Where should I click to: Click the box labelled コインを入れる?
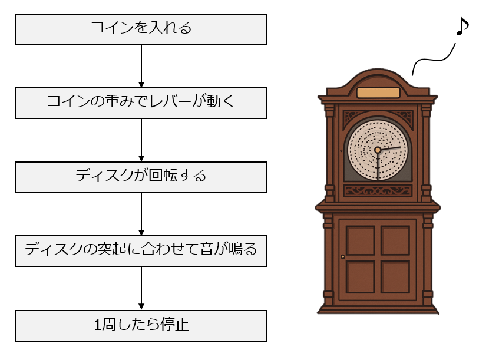(141, 29)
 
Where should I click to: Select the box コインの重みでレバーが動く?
(141, 103)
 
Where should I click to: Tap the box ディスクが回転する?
(141, 177)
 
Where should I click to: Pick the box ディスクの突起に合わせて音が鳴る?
(141, 251)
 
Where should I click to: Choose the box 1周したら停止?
(141, 325)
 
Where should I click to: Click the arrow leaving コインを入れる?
(141, 66)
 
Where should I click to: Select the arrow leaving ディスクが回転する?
(141, 214)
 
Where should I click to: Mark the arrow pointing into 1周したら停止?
(141, 288)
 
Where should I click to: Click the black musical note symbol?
(462, 27)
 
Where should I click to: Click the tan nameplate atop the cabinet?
(378, 93)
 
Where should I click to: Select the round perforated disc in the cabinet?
(377, 150)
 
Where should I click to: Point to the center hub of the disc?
(378, 150)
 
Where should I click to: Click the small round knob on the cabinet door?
(343, 257)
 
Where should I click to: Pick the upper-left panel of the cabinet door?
(361, 240)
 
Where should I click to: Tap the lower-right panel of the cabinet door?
(395, 276)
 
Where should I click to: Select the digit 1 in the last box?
(98, 325)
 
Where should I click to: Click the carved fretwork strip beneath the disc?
(377, 190)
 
